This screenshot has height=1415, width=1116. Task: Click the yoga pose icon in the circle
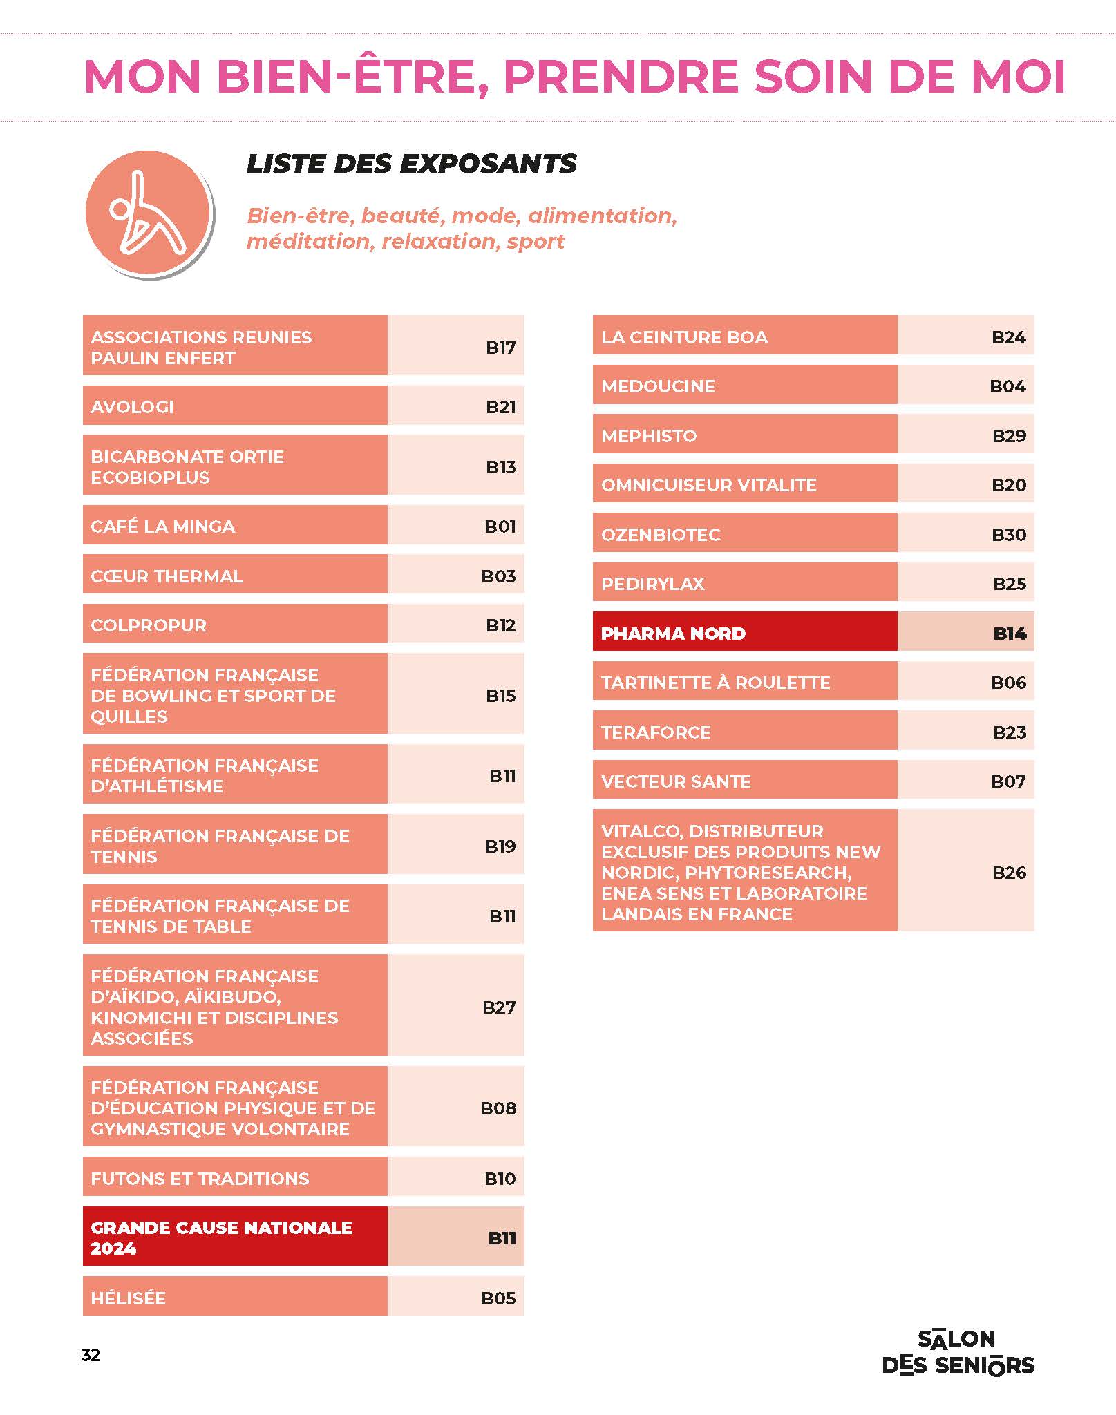coord(147,213)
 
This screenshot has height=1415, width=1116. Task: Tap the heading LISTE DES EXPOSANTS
coord(411,164)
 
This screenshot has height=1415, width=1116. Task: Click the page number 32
coord(91,1355)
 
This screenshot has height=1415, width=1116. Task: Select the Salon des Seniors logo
coord(958,1352)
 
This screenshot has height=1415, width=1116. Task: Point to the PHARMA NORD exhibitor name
coord(673,633)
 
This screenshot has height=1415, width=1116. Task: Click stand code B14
coord(1009,633)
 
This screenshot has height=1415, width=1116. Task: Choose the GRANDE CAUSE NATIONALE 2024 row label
coord(221,1237)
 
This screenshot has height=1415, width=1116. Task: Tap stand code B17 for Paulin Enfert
coord(500,347)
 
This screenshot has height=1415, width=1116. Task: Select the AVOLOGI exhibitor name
coord(132,406)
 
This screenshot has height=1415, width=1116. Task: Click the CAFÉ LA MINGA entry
coord(162,526)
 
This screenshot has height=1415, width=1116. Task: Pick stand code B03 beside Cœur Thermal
coord(498,576)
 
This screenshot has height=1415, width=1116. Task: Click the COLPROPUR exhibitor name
coord(149,625)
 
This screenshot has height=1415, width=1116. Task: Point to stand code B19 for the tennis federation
coord(500,846)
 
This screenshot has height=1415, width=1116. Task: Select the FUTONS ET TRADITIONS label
coord(200,1178)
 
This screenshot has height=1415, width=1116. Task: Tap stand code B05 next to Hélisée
coord(498,1298)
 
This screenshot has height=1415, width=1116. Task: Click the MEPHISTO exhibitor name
coord(649,435)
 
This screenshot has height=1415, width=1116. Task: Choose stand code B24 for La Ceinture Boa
coord(1008,336)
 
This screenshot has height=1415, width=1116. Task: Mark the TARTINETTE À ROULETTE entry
coord(715,682)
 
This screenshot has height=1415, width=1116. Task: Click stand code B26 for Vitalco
coord(1008,872)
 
